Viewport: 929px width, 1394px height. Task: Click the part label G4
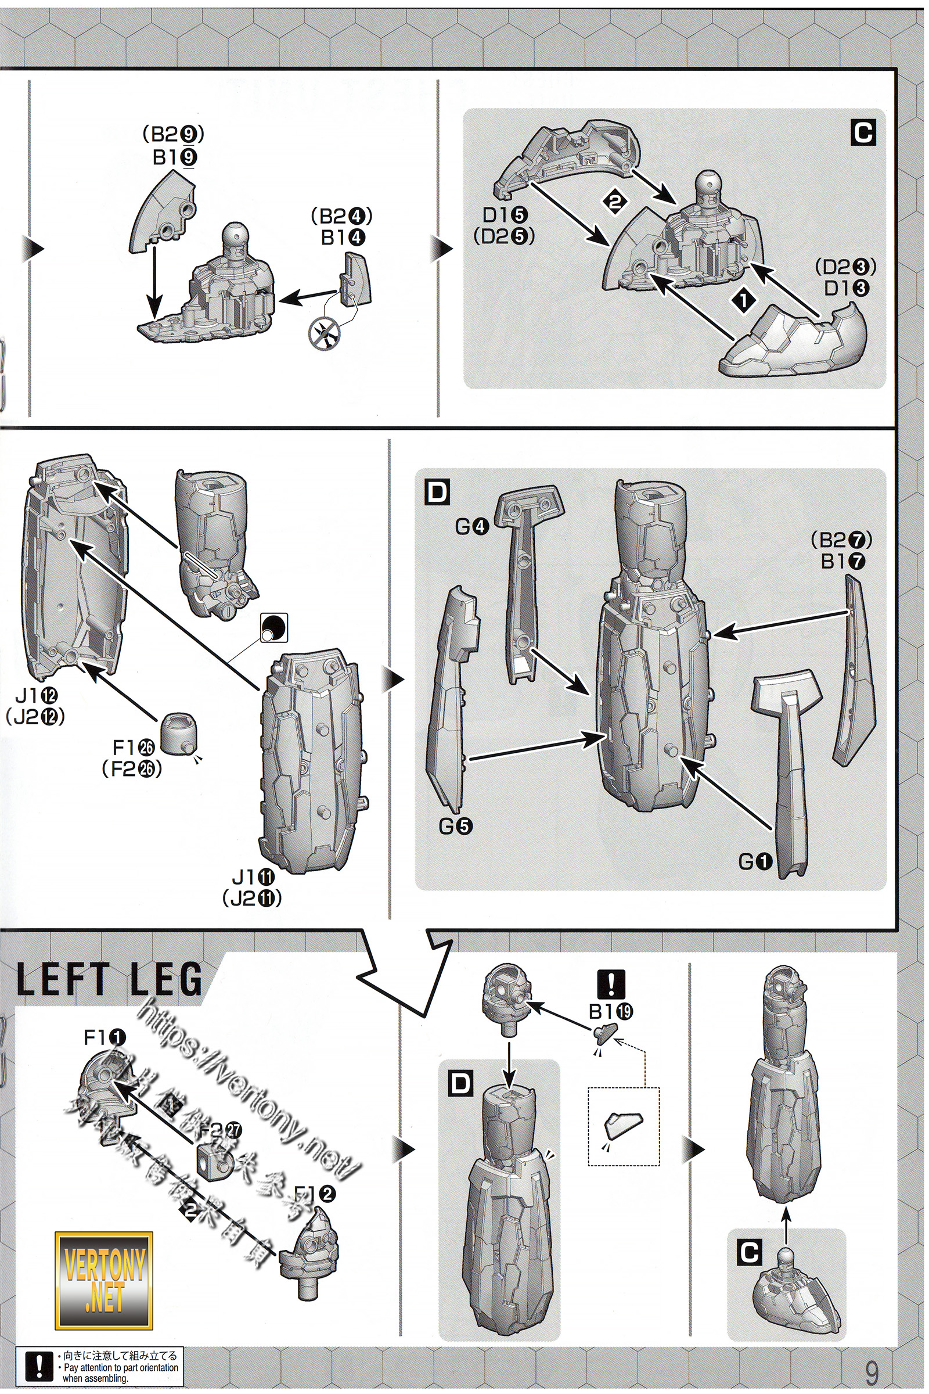[x=472, y=526]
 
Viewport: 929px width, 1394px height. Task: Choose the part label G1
[x=755, y=862]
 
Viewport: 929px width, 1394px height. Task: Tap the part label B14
[x=343, y=238]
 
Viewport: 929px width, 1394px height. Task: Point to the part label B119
[x=611, y=1012]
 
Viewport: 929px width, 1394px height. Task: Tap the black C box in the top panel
[x=863, y=133]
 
